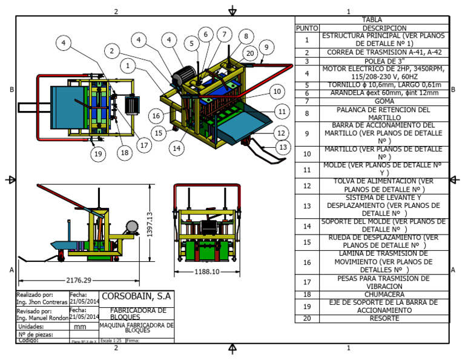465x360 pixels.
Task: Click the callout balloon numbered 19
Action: (97, 153)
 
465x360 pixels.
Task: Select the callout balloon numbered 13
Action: (282, 146)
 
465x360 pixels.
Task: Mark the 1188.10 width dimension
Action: (208, 272)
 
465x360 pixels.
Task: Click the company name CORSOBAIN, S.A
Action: (137, 297)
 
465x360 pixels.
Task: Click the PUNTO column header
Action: (306, 28)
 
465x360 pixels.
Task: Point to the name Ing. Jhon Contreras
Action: (41, 301)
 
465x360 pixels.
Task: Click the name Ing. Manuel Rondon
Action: (42, 318)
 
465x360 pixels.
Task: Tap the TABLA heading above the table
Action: (371, 19)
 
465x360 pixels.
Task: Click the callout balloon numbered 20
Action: (249, 53)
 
